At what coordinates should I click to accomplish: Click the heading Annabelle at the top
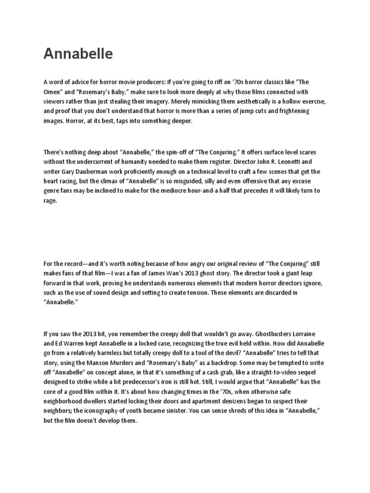coord(78,54)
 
